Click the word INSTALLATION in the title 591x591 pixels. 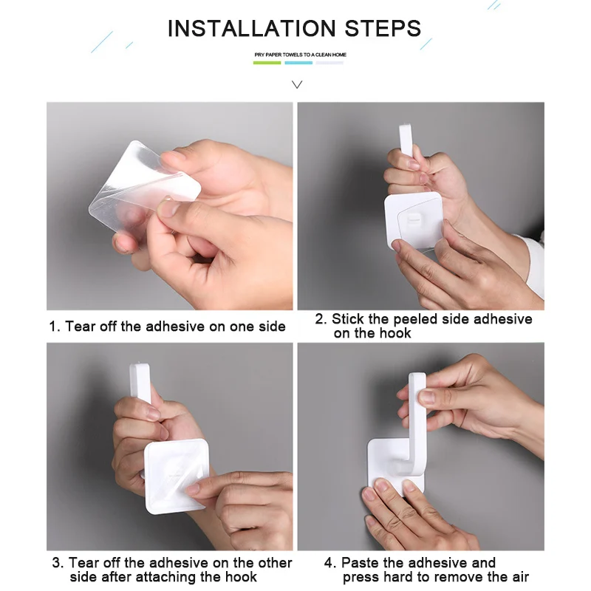tap(251, 28)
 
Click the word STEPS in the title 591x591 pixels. tap(383, 28)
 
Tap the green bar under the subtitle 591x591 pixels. tap(267, 63)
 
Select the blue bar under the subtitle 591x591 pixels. tap(298, 63)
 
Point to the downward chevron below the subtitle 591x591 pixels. tap(297, 85)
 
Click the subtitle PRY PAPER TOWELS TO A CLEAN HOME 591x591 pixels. tap(300, 55)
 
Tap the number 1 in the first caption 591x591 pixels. tap(52, 327)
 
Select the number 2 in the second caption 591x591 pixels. tap(319, 319)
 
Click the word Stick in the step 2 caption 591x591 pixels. tap(348, 319)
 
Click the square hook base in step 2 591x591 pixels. tap(414, 220)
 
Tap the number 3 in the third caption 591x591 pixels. tap(57, 563)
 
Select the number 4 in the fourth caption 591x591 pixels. tap(329, 563)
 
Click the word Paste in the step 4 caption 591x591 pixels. tap(359, 563)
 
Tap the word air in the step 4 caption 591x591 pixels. tap(520, 577)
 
